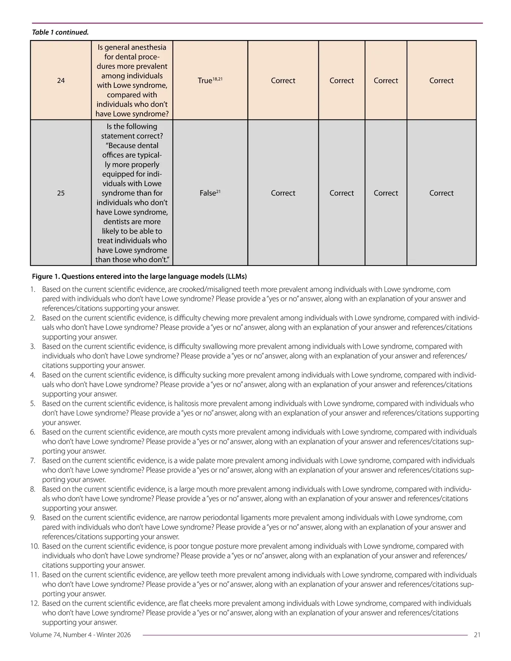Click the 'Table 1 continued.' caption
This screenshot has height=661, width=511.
(x=60, y=32)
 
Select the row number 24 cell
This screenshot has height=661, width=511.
(x=61, y=80)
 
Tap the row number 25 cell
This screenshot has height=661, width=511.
(x=61, y=193)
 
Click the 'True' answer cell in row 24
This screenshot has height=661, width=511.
(x=210, y=80)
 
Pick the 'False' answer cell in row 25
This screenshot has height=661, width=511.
(x=210, y=193)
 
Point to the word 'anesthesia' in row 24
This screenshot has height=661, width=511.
(x=149, y=47)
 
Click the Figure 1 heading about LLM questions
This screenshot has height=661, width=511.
(x=139, y=276)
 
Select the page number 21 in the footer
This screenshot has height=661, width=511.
(x=477, y=635)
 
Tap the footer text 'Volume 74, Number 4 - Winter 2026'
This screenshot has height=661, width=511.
(x=80, y=635)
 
